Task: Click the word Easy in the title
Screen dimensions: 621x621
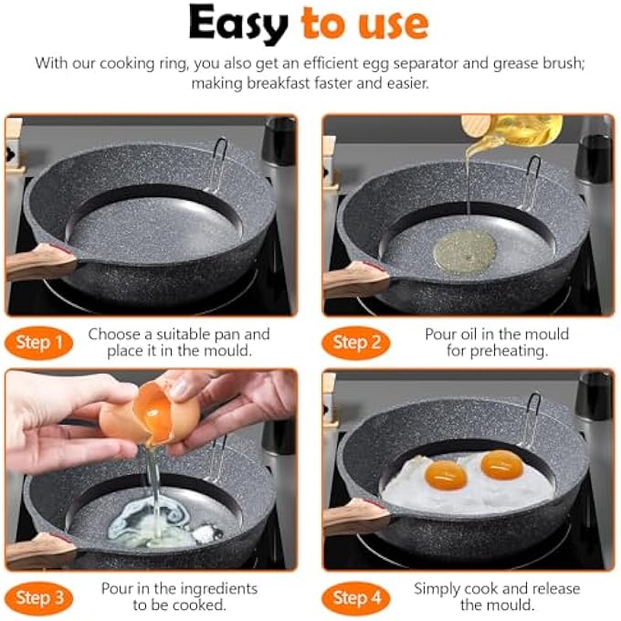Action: [x=238, y=25]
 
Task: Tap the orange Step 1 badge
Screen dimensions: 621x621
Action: [x=38, y=342]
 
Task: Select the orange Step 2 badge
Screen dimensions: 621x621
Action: [x=356, y=342]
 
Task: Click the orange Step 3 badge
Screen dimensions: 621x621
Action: [x=38, y=598]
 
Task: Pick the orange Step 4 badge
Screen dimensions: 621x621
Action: [x=356, y=598]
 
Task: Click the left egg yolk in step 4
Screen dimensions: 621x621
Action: [x=446, y=475]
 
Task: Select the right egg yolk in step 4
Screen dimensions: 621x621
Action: [x=502, y=465]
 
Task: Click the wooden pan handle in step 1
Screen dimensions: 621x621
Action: [x=39, y=261]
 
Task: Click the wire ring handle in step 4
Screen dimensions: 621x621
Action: [x=532, y=420]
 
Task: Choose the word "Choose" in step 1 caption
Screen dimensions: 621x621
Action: [x=114, y=334]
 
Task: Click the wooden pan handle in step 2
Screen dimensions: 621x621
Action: [x=356, y=279]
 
